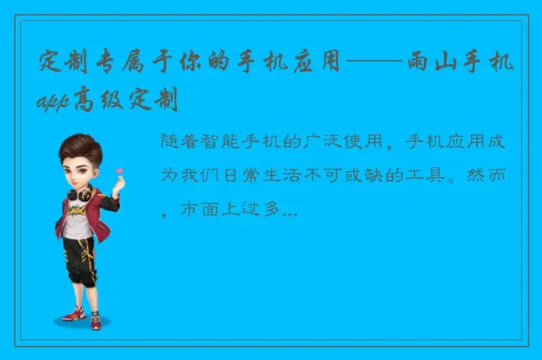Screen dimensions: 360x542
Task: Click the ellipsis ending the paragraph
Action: [x=289, y=210]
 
